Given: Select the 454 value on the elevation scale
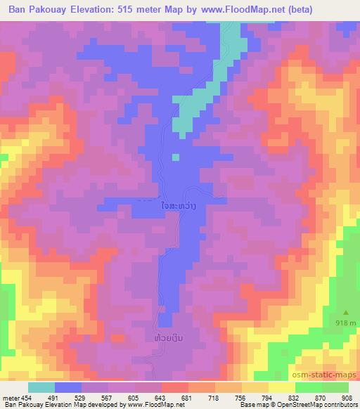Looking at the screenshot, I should click(25, 397).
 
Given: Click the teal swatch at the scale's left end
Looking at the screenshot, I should click(41, 387).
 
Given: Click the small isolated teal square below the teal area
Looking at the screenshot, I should click(176, 157).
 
